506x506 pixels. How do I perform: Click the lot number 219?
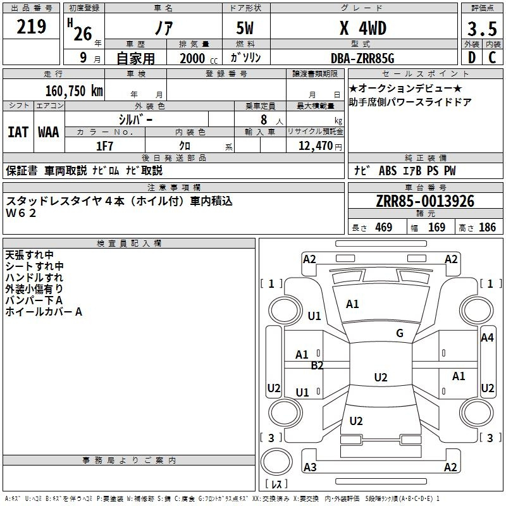(x=31, y=27)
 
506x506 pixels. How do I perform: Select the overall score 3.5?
(x=482, y=28)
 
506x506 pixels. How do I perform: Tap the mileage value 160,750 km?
(x=74, y=91)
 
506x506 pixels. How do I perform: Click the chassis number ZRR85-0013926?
(x=425, y=201)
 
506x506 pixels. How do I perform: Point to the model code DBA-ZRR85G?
(x=362, y=58)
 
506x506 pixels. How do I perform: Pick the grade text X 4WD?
(x=363, y=28)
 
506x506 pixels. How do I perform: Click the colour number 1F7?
(x=104, y=146)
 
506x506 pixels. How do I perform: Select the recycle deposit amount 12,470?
(x=315, y=146)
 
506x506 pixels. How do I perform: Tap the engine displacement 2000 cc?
(x=199, y=58)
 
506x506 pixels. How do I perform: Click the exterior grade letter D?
(x=472, y=58)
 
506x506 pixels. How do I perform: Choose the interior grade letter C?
(x=492, y=58)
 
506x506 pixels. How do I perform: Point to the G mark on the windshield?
(x=400, y=333)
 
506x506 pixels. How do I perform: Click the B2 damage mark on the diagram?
(x=317, y=366)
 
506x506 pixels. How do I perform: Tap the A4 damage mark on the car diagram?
(x=487, y=338)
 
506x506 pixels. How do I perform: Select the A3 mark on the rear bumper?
(x=310, y=467)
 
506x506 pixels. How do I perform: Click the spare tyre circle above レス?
(x=276, y=461)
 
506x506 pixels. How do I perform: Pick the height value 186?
(x=487, y=227)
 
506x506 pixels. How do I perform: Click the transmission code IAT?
(x=18, y=132)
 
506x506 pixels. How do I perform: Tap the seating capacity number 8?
(x=264, y=120)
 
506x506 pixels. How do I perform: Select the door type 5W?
(x=245, y=28)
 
